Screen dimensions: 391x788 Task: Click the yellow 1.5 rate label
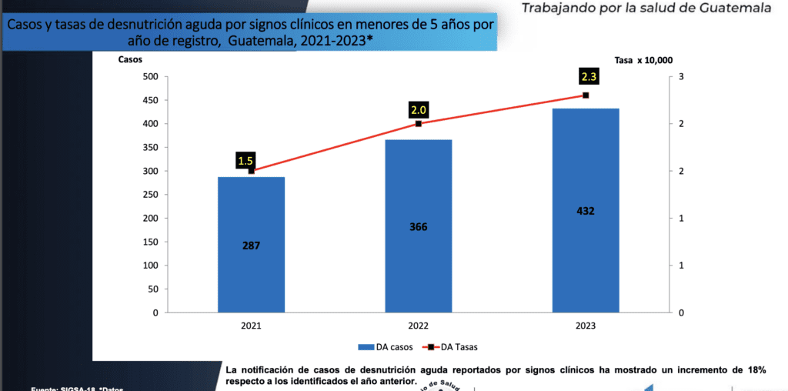coord(245,161)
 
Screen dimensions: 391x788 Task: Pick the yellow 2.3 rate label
coord(589,77)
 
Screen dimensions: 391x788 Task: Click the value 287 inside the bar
coord(251,246)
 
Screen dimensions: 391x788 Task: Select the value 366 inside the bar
coord(419,227)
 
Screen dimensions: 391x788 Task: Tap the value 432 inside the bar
coord(586,211)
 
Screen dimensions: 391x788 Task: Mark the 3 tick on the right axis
coord(680,76)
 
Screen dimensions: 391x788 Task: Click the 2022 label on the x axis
coord(419,326)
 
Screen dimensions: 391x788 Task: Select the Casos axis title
coord(130,59)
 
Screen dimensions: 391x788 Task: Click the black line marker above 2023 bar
coord(586,95)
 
